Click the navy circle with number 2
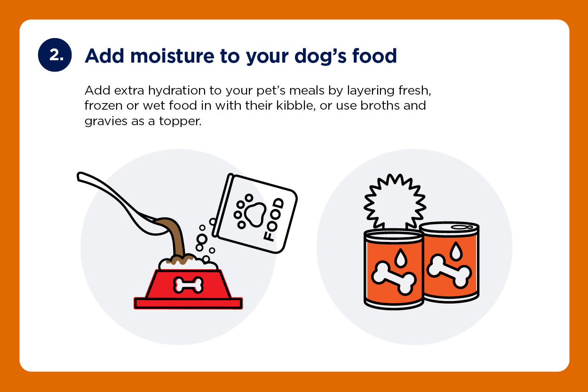(x=55, y=55)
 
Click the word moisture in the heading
(x=172, y=56)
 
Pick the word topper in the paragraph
(x=180, y=122)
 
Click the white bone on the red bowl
(x=188, y=285)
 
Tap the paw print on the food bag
(x=249, y=211)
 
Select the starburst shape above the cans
(x=395, y=201)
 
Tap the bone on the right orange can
(x=449, y=271)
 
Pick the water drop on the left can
(x=401, y=257)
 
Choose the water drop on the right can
(x=456, y=251)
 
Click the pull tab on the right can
(x=462, y=227)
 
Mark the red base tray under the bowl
(x=188, y=303)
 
